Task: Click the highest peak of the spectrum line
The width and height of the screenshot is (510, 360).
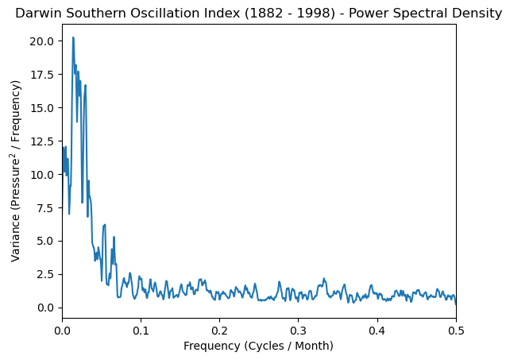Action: tap(73, 37)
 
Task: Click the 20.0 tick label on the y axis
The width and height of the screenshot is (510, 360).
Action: tap(43, 41)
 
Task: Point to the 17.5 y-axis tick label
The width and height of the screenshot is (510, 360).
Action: tap(43, 74)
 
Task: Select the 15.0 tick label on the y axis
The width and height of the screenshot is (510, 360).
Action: tap(43, 107)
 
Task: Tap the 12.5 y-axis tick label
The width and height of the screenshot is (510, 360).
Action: tap(43, 141)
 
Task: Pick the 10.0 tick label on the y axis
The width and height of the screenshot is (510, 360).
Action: tap(43, 174)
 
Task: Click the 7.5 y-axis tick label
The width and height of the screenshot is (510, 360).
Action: tap(46, 207)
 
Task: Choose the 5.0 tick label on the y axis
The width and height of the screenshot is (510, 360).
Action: tap(46, 241)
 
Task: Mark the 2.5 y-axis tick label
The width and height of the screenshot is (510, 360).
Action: tap(46, 274)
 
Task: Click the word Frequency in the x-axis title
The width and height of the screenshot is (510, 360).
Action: tap(212, 346)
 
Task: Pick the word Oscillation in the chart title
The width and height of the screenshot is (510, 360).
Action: tap(151, 13)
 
